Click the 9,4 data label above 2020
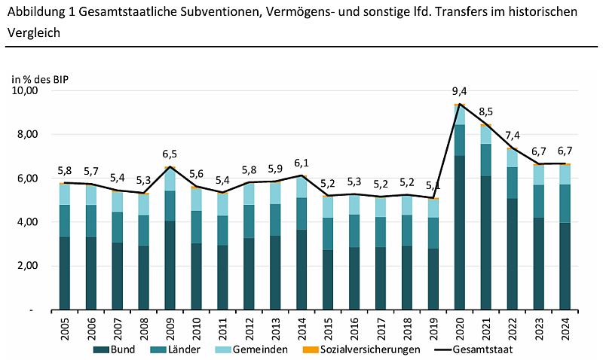[459, 92]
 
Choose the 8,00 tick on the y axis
[27, 135]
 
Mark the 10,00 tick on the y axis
[25, 91]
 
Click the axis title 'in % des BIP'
[43, 77]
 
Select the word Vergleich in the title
[32, 33]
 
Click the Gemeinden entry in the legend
[260, 350]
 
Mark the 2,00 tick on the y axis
[27, 266]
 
